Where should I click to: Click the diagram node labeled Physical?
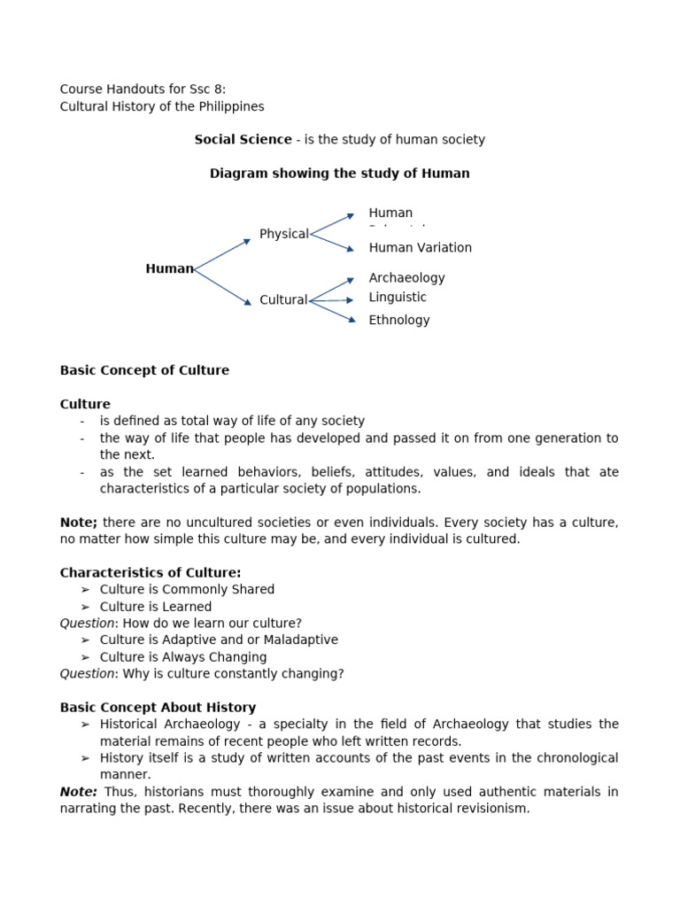click(283, 234)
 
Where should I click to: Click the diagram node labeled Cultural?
click(282, 300)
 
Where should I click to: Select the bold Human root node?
click(169, 269)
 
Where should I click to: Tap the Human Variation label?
click(420, 248)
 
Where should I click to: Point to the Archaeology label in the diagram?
click(406, 278)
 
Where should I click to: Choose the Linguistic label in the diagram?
click(398, 298)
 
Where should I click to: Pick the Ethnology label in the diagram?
click(398, 321)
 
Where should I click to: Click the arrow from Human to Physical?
click(222, 254)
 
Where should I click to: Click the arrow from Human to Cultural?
click(222, 287)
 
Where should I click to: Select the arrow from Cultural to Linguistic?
click(331, 300)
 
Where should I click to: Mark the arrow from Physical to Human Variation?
click(332, 242)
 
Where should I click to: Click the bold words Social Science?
click(243, 140)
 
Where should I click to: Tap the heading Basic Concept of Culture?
click(144, 370)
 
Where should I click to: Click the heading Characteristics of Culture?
click(150, 573)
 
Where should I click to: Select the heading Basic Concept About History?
click(158, 708)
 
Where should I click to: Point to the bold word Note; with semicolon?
click(78, 523)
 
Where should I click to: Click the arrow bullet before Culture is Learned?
click(85, 607)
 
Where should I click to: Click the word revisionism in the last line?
click(491, 809)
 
